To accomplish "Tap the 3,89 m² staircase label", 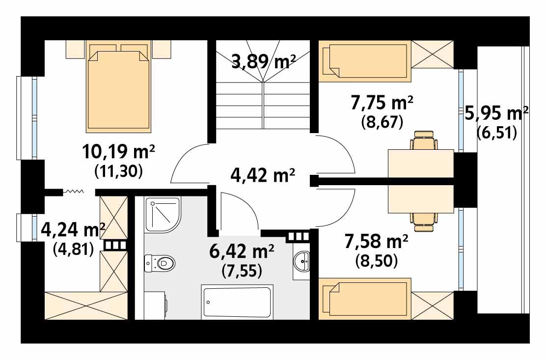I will click(263, 61).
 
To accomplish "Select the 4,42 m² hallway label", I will click(263, 174).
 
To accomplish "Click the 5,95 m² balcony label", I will click(496, 114).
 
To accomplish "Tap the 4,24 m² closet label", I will click(73, 229).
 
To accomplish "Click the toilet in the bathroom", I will click(160, 263).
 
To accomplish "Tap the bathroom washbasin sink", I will click(301, 260).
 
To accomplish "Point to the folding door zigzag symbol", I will click(73, 191).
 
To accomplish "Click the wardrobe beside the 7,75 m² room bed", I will click(432, 55).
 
